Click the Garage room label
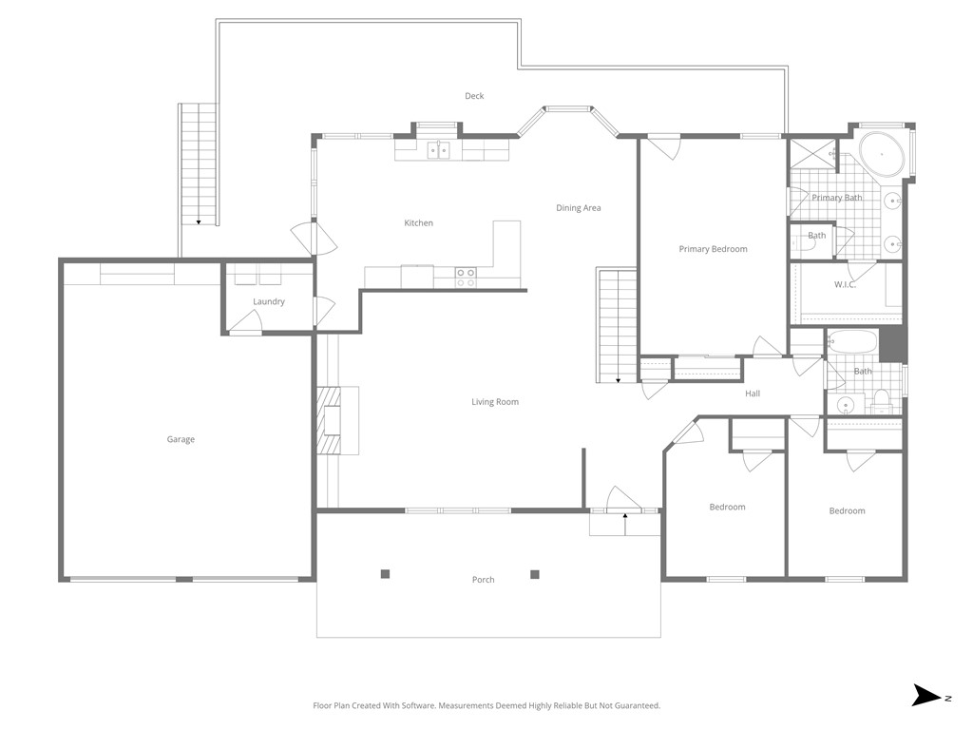click(181, 439)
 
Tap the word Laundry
click(269, 301)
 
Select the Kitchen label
click(418, 223)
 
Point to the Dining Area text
click(578, 208)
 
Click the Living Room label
click(495, 402)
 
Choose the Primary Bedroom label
click(713, 249)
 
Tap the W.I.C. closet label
click(845, 284)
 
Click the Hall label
click(753, 394)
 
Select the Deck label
click(474, 96)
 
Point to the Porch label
click(483, 580)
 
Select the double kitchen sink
click(438, 149)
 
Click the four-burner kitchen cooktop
click(466, 277)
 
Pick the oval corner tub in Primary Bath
click(882, 153)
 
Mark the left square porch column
click(385, 573)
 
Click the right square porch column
click(535, 573)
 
